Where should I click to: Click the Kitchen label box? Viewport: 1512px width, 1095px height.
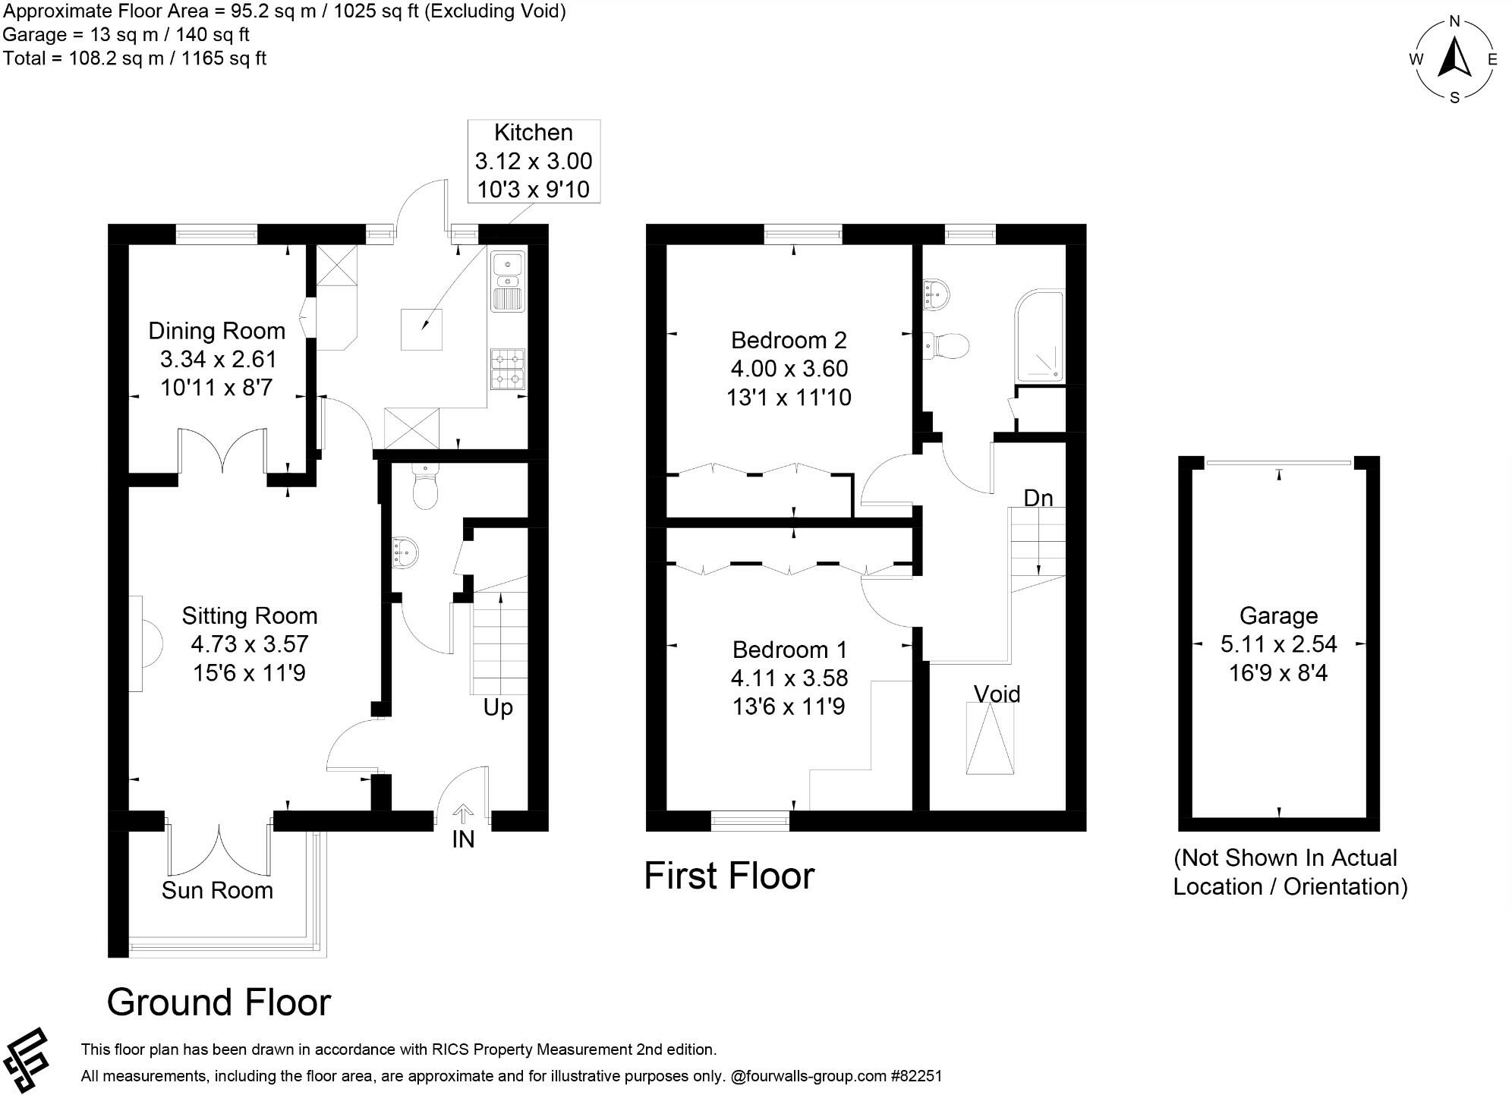pyautogui.click(x=534, y=161)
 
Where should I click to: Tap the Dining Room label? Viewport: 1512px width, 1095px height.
pyautogui.click(x=216, y=331)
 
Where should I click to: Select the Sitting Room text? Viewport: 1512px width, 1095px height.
pyautogui.click(x=249, y=615)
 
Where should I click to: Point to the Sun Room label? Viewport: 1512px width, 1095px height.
pyautogui.click(x=217, y=890)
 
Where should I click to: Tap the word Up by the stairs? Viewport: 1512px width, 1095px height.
pyautogui.click(x=498, y=707)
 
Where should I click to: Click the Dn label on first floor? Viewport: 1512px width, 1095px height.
pyautogui.click(x=1038, y=498)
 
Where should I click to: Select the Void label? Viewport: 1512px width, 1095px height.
pyautogui.click(x=997, y=694)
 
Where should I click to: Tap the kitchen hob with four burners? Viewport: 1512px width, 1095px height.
pyautogui.click(x=508, y=369)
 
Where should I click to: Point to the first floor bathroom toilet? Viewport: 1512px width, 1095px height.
pyautogui.click(x=949, y=346)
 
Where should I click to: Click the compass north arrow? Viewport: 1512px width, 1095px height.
pyautogui.click(x=1454, y=59)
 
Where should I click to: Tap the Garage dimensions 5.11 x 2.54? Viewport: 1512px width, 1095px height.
pyautogui.click(x=1278, y=644)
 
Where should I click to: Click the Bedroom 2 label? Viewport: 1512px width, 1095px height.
pyautogui.click(x=789, y=340)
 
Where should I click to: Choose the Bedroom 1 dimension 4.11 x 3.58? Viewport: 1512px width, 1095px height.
pyautogui.click(x=789, y=678)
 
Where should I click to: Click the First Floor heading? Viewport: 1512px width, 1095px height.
pyautogui.click(x=729, y=876)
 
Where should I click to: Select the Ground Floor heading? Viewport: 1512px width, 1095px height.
pyautogui.click(x=219, y=1002)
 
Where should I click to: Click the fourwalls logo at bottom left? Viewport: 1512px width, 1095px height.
pyautogui.click(x=27, y=1060)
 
